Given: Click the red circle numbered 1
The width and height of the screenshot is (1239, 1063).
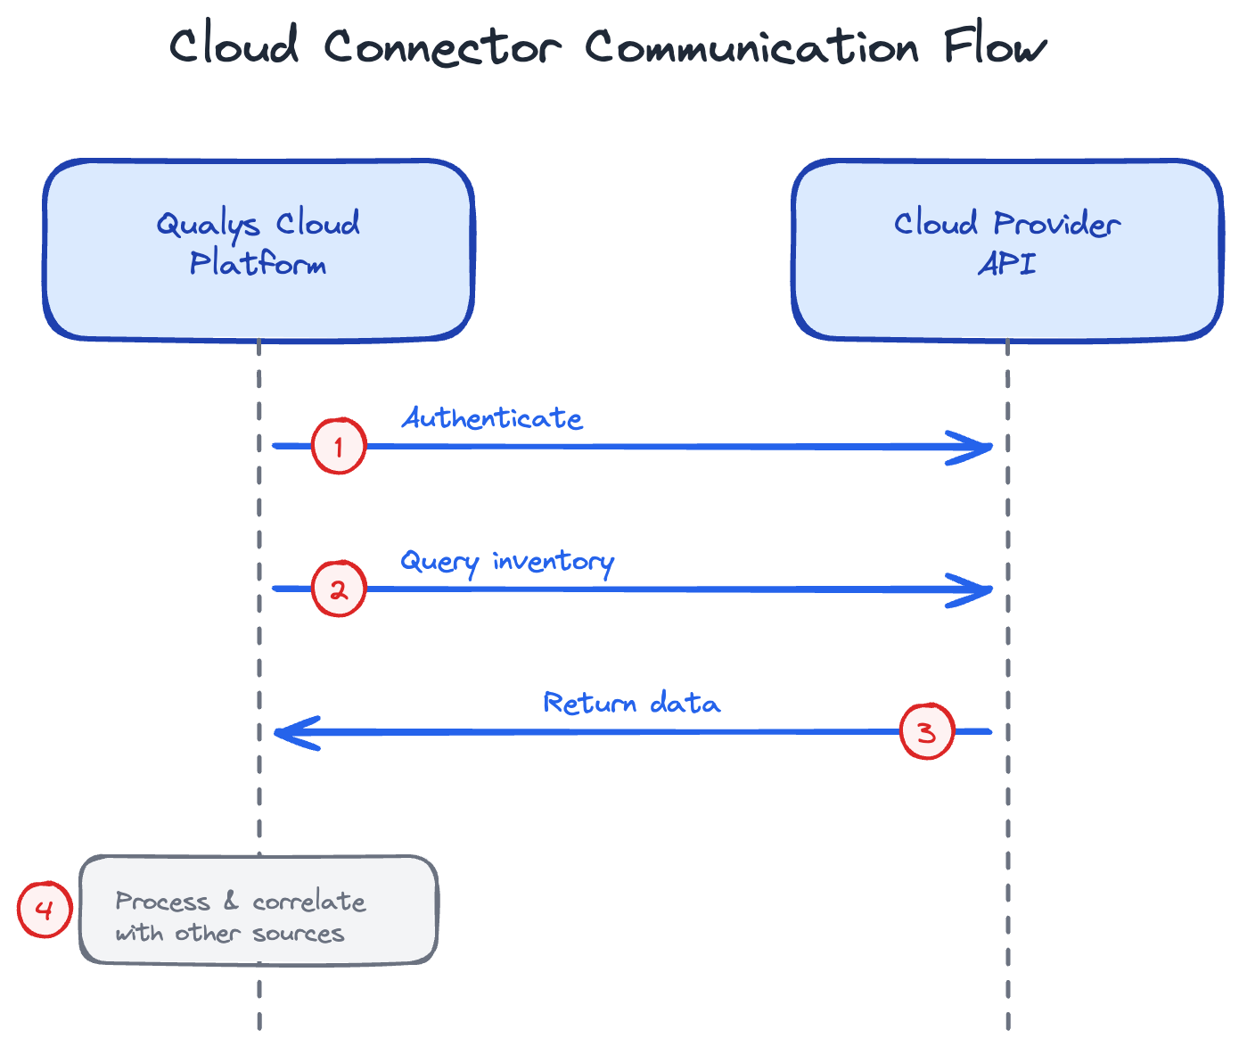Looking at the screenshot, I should click(339, 446).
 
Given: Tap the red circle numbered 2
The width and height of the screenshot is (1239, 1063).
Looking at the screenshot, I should click(339, 589).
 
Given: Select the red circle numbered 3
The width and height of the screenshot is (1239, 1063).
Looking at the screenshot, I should click(927, 732).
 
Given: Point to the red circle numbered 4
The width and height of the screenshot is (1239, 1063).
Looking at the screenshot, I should click(45, 910).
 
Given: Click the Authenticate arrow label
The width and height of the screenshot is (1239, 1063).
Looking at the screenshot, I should click(492, 418).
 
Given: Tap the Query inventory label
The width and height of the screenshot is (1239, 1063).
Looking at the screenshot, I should click(506, 562).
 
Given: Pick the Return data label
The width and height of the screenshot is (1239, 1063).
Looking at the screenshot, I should click(631, 704).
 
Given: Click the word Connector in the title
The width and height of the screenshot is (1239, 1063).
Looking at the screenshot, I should click(442, 46).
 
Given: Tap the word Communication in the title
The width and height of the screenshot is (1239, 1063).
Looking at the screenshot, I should click(751, 46).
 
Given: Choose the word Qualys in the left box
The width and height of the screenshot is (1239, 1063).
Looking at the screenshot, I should click(209, 225).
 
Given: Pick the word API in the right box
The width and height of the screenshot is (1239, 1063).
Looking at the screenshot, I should click(1006, 265).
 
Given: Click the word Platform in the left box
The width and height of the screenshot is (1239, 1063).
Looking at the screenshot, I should click(258, 265).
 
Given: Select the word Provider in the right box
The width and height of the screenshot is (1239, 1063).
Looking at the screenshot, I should click(1056, 224).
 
